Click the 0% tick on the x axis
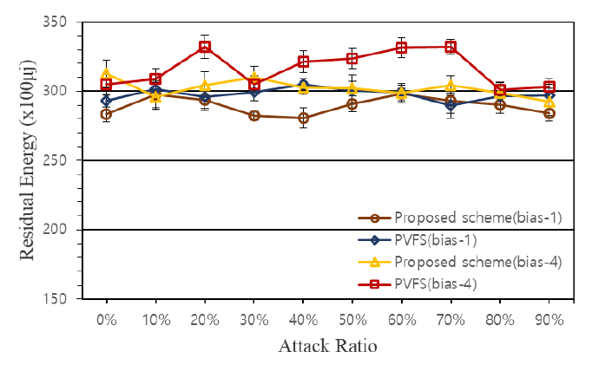click(106, 319)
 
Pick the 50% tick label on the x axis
click(352, 319)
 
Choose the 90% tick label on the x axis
click(549, 319)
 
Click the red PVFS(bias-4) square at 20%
click(205, 47)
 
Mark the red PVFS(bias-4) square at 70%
click(450, 47)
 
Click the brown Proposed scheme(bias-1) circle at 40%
click(303, 118)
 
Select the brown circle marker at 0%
click(106, 114)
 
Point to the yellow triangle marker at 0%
click(106, 74)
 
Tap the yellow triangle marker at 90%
click(549, 102)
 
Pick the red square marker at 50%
click(352, 59)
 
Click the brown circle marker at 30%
click(253, 115)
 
